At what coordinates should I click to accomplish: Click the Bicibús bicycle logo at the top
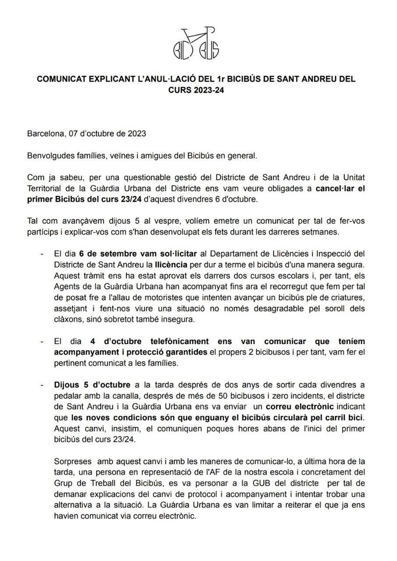(198, 40)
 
